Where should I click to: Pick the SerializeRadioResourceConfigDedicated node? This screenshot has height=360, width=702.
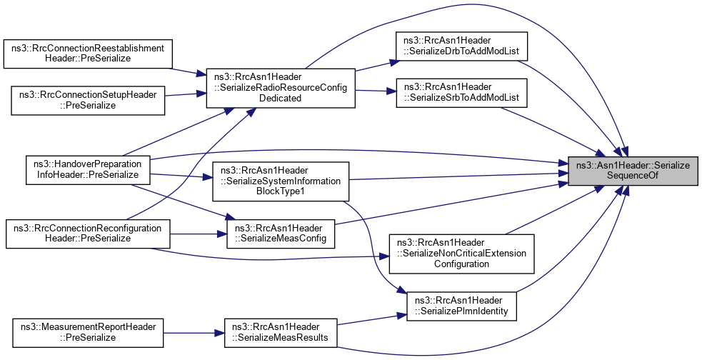click(x=280, y=88)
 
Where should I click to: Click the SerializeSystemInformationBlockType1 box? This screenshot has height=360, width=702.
click(x=281, y=181)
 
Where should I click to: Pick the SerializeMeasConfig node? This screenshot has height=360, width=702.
click(x=281, y=233)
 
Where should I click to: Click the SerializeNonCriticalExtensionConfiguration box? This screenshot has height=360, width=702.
click(x=461, y=253)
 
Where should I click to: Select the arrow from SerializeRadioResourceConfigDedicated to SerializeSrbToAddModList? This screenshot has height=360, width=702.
click(x=376, y=90)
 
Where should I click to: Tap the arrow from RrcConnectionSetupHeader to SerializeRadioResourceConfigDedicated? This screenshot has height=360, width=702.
click(x=186, y=94)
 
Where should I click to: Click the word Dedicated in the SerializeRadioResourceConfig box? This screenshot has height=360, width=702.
click(x=281, y=98)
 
